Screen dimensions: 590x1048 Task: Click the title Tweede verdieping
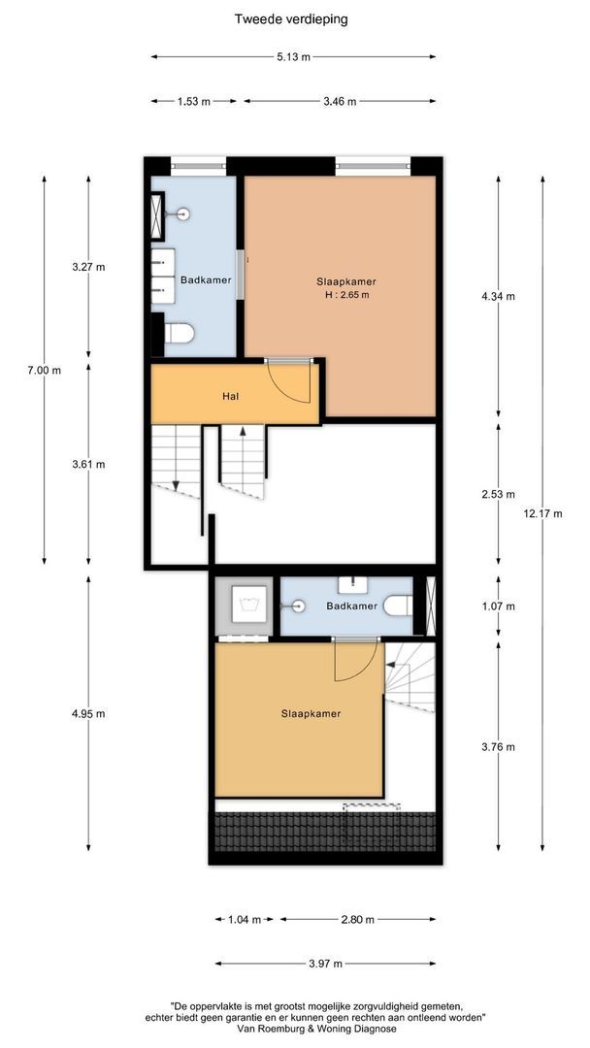(291, 19)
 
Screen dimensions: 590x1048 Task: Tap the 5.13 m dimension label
(293, 57)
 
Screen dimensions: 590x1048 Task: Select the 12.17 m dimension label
(543, 513)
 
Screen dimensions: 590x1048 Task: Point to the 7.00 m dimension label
(45, 370)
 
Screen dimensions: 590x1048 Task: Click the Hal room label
(231, 396)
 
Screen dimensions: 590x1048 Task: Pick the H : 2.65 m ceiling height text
(343, 294)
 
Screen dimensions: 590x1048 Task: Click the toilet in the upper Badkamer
(180, 332)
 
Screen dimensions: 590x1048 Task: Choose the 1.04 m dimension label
(245, 919)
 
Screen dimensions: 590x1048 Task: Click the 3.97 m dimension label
(325, 964)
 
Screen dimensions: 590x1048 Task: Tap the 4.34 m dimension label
(498, 295)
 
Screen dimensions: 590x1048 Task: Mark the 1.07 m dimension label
(498, 606)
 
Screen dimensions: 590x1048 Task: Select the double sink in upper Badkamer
(162, 276)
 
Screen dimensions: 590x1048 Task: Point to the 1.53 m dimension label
(194, 101)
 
